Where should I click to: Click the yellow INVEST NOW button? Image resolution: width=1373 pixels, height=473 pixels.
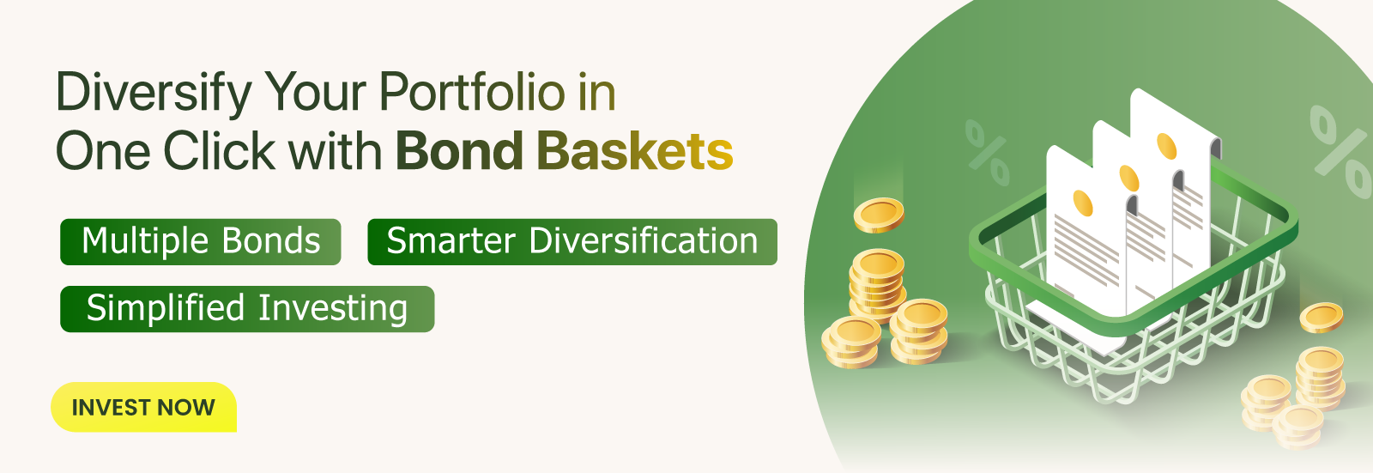[x=143, y=407]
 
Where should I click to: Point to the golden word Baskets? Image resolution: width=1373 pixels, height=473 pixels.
[x=635, y=151]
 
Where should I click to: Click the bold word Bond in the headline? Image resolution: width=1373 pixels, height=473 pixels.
[x=459, y=151]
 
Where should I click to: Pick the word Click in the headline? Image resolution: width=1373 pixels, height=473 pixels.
[x=219, y=151]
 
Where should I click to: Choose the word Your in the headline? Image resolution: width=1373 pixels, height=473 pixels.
[x=317, y=93]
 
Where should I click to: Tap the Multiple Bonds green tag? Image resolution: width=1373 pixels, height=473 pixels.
[x=201, y=241]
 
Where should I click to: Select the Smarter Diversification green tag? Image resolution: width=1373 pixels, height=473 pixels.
[x=572, y=241]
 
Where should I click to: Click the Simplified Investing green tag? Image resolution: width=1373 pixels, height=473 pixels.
[x=247, y=308]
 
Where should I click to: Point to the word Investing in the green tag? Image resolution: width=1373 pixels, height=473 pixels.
[x=333, y=308]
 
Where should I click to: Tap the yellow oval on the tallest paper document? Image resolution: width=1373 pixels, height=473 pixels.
[x=1166, y=146]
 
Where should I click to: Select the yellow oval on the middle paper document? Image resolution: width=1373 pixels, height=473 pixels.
[x=1128, y=179]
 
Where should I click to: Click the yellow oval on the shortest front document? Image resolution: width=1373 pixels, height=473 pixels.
[x=1083, y=203]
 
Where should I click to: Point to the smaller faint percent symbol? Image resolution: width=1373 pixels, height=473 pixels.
[x=988, y=152]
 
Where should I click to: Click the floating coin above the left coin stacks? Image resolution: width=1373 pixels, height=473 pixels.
[x=879, y=215]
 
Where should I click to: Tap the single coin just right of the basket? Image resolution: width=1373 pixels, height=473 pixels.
[x=1321, y=318]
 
